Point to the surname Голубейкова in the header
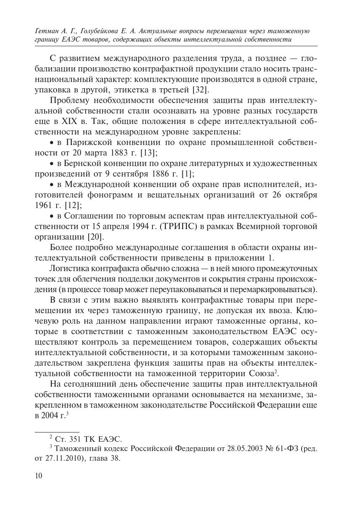(x=100, y=31)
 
